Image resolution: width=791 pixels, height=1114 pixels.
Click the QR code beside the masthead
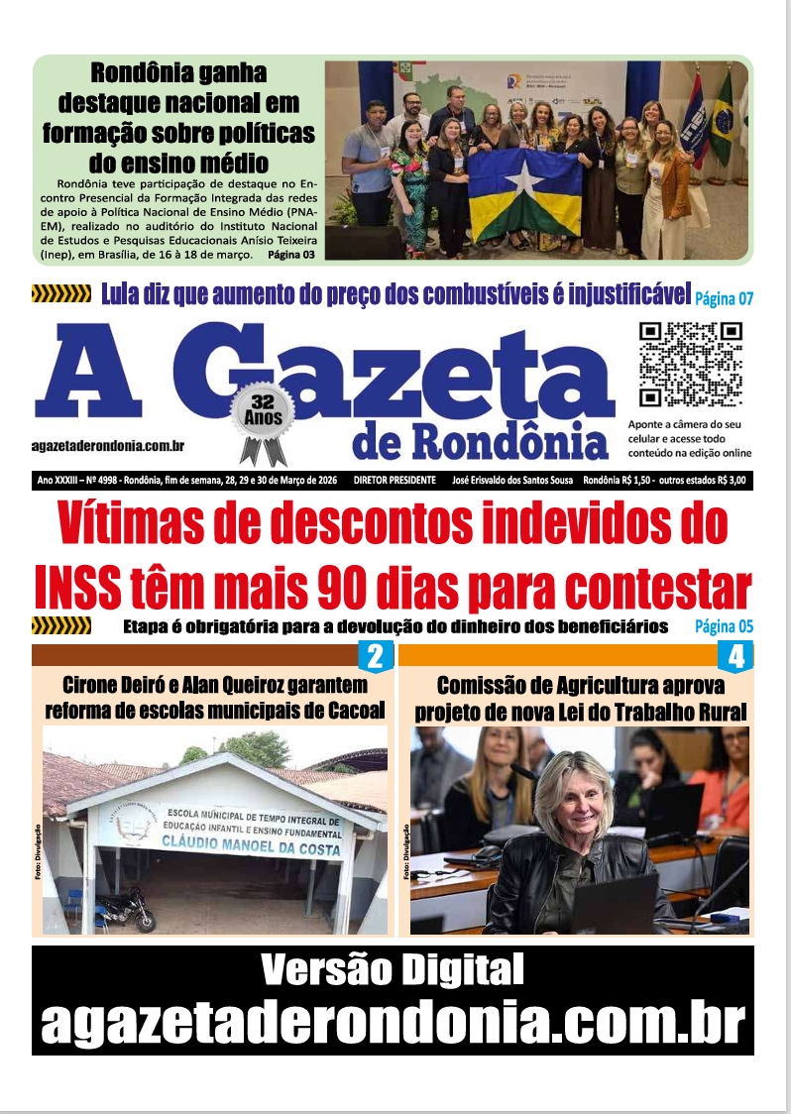pyautogui.click(x=690, y=364)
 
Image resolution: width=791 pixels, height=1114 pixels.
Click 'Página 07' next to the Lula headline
pyautogui.click(x=725, y=297)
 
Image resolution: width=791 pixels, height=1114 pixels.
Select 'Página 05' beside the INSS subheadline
pyautogui.click(x=724, y=626)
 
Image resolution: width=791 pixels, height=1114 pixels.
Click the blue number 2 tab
pyautogui.click(x=375, y=655)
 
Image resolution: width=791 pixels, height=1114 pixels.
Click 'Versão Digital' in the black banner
pyautogui.click(x=393, y=970)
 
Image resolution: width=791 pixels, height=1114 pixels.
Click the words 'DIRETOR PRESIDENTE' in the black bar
pyautogui.click(x=395, y=481)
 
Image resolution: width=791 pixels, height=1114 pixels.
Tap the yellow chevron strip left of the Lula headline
pyautogui.click(x=61, y=293)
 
